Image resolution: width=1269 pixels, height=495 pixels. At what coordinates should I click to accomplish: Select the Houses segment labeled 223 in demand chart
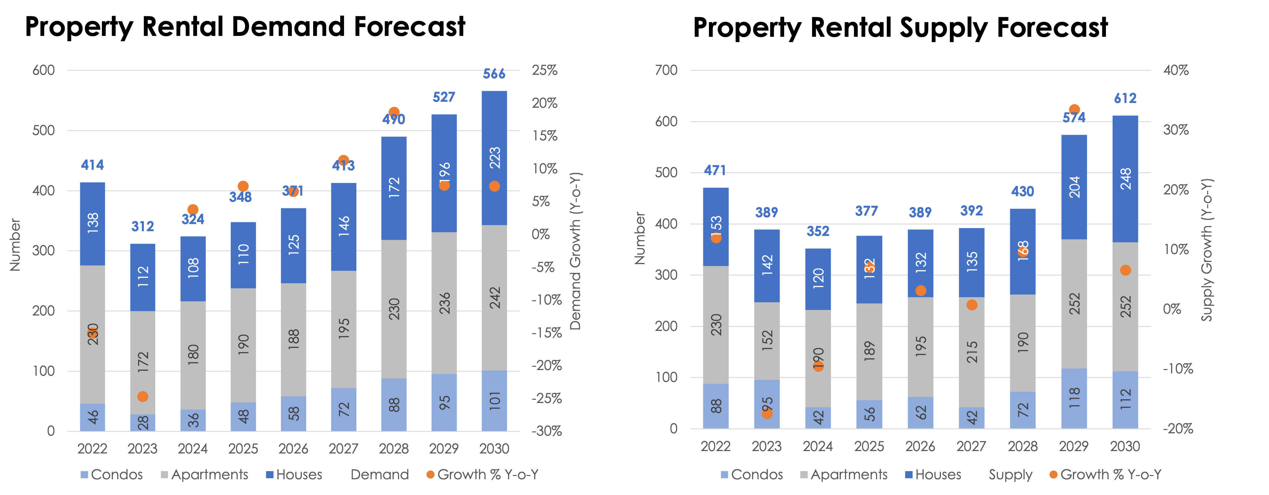(494, 158)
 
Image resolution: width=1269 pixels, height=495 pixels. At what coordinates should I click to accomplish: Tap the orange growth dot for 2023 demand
(142, 396)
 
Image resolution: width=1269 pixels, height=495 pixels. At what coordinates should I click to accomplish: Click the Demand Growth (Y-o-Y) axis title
(576, 251)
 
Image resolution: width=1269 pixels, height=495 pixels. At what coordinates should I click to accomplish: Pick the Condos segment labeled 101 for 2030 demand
(494, 401)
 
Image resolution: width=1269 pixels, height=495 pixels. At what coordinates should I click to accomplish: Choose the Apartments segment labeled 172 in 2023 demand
(142, 362)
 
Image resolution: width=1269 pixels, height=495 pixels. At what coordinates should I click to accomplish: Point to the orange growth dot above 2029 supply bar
(1074, 109)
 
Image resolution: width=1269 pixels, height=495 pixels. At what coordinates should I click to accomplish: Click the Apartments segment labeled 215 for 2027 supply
(972, 352)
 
